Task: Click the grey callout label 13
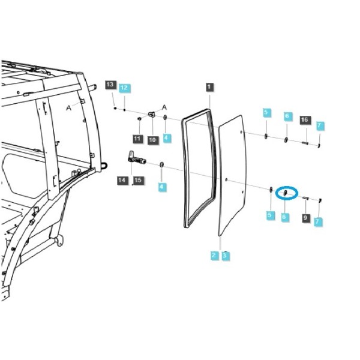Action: tap(110, 85)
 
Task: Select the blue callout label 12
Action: tap(124, 88)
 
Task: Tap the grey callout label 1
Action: tap(209, 87)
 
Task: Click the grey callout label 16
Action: tap(305, 120)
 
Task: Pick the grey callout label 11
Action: tap(137, 139)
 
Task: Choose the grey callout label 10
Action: tap(152, 140)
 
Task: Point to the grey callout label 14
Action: tap(122, 180)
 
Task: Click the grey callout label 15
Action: tap(138, 180)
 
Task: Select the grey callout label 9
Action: tap(305, 218)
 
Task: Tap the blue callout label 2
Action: tap(214, 256)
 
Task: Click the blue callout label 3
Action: tap(225, 256)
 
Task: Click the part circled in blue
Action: tap(286, 193)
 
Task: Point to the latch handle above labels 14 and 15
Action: tap(136, 158)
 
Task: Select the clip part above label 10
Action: tap(152, 114)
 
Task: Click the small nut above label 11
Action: tap(139, 118)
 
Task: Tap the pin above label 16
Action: tap(305, 143)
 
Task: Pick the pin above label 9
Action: tap(306, 198)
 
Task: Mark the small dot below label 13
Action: tap(115, 108)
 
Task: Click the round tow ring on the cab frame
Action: tap(104, 166)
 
